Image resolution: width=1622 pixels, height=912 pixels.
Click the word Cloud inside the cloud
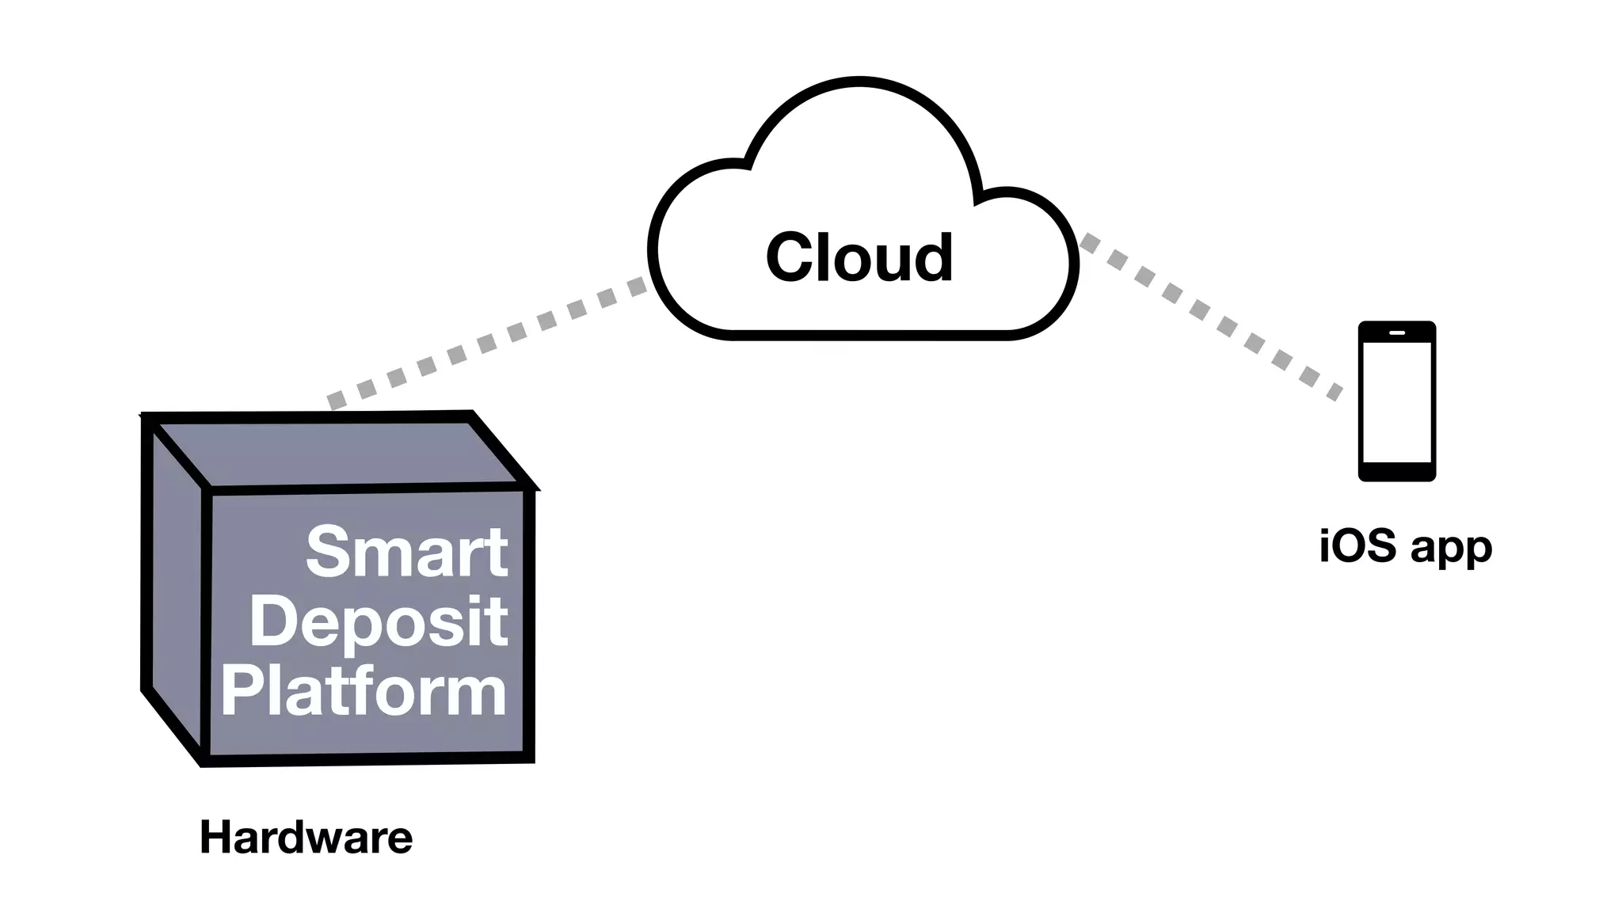[859, 258]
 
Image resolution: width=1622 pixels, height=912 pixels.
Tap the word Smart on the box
[406, 552]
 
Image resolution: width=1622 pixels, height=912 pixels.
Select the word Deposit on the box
[379, 622]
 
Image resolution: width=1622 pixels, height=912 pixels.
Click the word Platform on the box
[364, 692]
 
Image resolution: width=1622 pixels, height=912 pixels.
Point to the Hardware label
[306, 838]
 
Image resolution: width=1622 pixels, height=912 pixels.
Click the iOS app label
[1405, 546]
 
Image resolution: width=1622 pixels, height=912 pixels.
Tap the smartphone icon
[1396, 401]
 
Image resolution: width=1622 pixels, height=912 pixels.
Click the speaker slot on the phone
[1396, 332]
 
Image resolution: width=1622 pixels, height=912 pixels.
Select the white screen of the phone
[1396, 402]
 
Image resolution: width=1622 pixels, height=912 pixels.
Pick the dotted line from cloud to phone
[1212, 317]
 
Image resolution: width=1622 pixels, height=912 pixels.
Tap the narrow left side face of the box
[176, 586]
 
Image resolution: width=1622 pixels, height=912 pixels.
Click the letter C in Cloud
[792, 258]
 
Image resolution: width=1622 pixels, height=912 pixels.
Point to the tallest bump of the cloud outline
[859, 81]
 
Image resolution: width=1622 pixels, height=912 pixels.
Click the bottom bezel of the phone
[1396, 472]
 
